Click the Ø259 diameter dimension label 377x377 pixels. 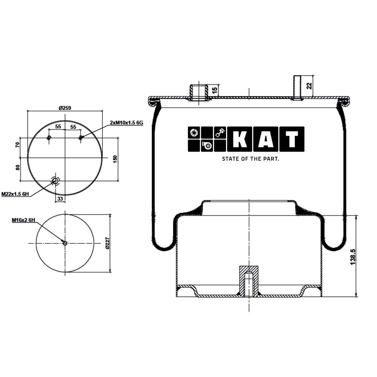pos(65,108)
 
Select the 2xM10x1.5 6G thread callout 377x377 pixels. pos(126,123)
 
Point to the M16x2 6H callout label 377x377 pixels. pos(24,220)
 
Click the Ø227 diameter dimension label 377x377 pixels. pos(107,243)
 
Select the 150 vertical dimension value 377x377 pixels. pos(115,159)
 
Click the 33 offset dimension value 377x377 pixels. pos(60,198)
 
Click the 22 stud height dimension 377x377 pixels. pos(309,86)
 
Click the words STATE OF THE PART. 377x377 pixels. pos(250,159)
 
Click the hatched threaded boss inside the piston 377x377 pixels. pos(249,279)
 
